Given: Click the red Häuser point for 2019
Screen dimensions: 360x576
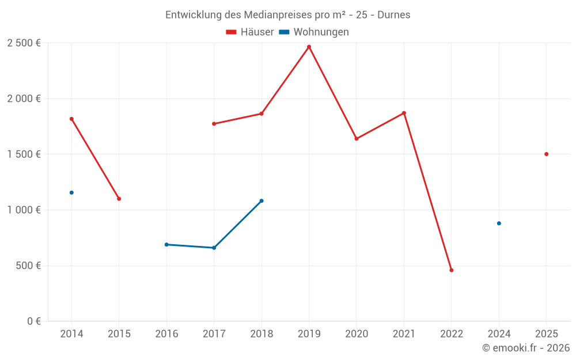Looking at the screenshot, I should pos(309,47).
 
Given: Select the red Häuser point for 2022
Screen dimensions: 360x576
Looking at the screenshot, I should pos(452,270).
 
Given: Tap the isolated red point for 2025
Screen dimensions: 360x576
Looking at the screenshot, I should pos(546,154).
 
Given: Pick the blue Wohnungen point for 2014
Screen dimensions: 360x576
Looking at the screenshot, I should pos(71,192).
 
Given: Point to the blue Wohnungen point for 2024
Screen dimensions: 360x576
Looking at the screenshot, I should pos(499,223).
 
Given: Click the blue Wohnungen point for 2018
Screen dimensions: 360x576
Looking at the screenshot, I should pos(262,201).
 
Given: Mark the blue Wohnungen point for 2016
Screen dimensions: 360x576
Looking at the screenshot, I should pos(166,244).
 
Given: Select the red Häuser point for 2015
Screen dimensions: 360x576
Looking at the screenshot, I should pos(119,199).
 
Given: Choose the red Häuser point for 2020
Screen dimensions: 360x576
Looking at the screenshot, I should pos(357,139).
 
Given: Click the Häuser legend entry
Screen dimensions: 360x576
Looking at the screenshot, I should pos(250,32).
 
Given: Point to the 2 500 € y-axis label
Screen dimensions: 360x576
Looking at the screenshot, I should pos(24,43).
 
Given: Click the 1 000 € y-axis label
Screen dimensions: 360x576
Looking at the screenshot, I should pos(24,210).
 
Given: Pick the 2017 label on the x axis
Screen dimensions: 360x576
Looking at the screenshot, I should pos(214,334).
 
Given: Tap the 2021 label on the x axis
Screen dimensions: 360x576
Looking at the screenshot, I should pos(404,334).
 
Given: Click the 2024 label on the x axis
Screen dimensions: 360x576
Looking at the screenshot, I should pos(499,334).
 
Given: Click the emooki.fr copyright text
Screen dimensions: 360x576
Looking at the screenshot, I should pos(526,348).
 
